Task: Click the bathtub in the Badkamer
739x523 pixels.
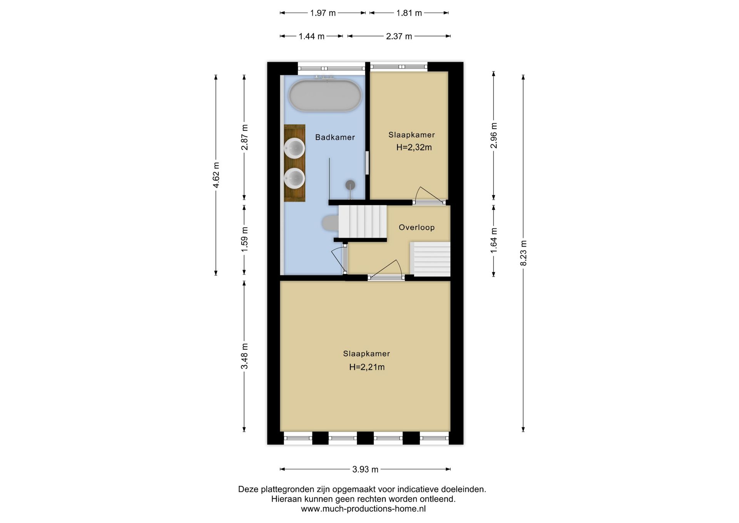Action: click(x=325, y=96)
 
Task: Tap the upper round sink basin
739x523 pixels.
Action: click(x=294, y=148)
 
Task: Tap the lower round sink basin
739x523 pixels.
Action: click(x=294, y=178)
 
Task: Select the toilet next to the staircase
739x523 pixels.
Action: click(x=330, y=223)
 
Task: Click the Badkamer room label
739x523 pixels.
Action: click(x=335, y=137)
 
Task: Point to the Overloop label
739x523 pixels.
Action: click(x=416, y=227)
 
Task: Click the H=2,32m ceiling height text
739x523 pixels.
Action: click(x=414, y=147)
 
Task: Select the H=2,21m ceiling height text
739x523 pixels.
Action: click(x=367, y=367)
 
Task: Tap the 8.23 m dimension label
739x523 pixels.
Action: click(x=523, y=253)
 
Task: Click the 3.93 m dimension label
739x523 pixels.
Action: click(x=365, y=469)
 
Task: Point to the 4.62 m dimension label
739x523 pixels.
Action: click(x=216, y=175)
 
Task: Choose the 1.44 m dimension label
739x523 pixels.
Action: click(x=312, y=36)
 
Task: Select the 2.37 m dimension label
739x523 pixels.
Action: click(x=399, y=36)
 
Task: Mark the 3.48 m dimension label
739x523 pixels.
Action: click(x=244, y=356)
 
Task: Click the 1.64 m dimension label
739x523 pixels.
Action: click(x=494, y=241)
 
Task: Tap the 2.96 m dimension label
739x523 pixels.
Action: click(x=494, y=136)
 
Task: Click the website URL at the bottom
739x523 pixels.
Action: click(x=363, y=509)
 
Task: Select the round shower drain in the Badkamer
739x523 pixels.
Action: click(x=350, y=185)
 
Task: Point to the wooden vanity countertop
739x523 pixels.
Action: click(x=294, y=163)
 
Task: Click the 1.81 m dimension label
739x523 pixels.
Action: click(x=409, y=13)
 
